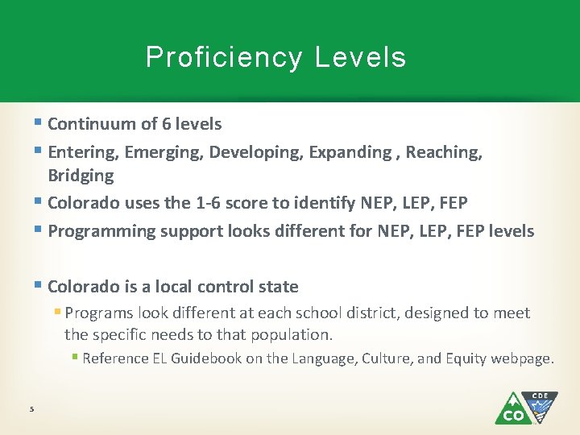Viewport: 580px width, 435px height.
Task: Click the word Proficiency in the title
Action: pyautogui.click(x=224, y=58)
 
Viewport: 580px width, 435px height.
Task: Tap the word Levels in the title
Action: pyautogui.click(x=361, y=58)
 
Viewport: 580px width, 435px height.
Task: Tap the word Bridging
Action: pyautogui.click(x=81, y=176)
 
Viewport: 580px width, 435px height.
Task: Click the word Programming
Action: pyautogui.click(x=101, y=231)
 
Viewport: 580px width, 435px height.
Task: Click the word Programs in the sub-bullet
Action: pyautogui.click(x=98, y=313)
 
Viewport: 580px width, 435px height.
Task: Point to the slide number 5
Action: pyautogui.click(x=31, y=409)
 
